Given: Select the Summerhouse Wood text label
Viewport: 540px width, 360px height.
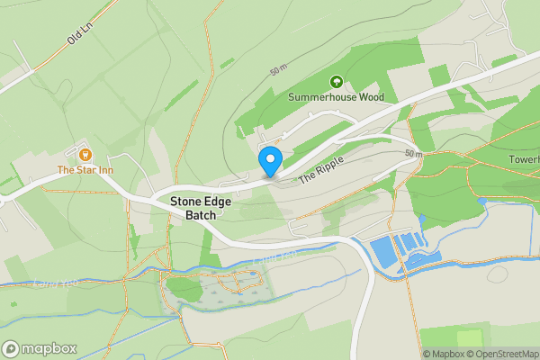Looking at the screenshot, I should [336, 96].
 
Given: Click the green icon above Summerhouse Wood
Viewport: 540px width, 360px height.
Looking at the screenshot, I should [337, 80].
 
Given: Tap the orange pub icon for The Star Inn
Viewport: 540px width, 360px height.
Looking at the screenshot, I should [85, 154].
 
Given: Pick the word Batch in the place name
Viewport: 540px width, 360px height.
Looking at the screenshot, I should [202, 215].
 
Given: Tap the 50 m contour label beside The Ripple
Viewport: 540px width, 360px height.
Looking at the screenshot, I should [412, 154].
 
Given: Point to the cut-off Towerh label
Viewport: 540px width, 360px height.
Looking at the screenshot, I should [524, 160].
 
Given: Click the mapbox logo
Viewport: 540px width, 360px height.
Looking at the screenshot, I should [40, 348].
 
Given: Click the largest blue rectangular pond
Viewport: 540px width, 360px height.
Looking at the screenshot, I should [384, 252].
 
